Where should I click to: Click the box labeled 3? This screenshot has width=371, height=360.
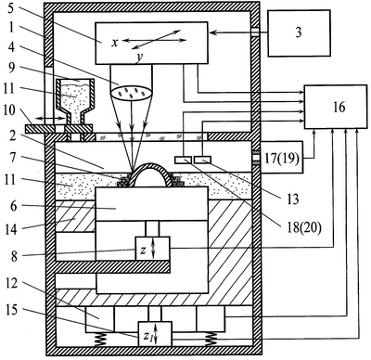pos(299,33)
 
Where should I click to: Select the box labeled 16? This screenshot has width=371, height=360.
pos(336,107)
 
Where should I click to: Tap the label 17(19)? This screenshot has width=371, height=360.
pos(282,159)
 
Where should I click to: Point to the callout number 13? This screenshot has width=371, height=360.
pos(292,199)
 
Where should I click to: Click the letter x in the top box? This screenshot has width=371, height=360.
pos(115,43)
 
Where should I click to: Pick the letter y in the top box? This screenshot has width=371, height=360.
pos(139,58)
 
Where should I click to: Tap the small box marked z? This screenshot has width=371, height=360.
pos(152,249)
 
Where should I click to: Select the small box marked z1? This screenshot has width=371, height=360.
pos(155,334)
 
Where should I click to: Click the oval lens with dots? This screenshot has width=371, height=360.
pos(132,93)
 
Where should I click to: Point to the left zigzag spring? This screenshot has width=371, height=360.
pos(99,340)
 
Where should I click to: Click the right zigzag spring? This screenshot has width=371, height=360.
pos(211,340)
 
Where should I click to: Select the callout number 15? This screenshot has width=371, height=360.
pos(11,311)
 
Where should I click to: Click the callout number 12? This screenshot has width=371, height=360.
pos(11,284)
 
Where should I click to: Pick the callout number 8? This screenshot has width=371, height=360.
pos(14,257)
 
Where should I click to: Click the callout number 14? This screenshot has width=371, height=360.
pos(11,229)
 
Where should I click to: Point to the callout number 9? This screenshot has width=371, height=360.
pos(11,67)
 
